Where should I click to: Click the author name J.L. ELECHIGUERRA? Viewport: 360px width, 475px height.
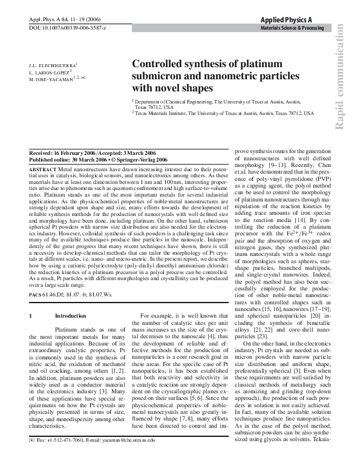pos(53,64)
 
